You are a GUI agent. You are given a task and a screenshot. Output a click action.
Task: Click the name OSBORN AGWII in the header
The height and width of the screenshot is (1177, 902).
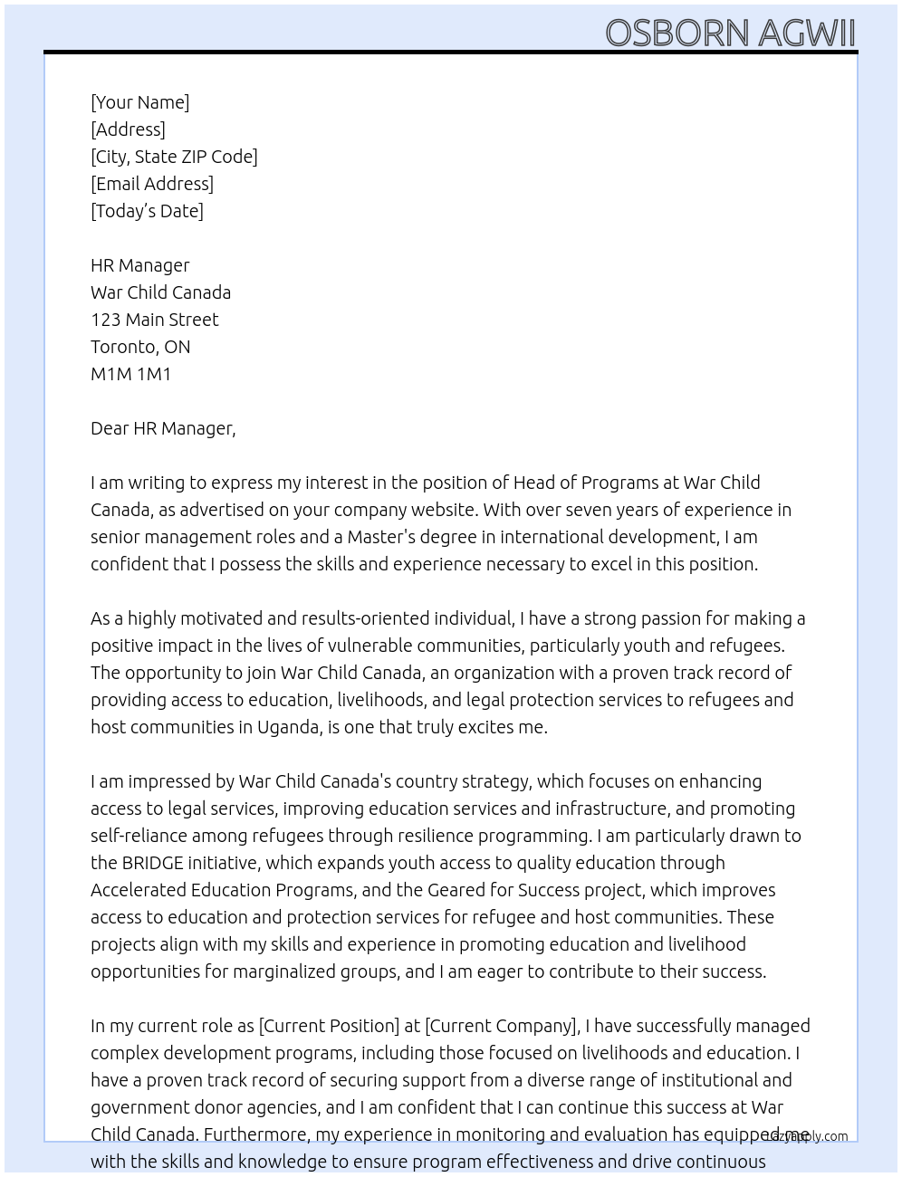[x=729, y=33]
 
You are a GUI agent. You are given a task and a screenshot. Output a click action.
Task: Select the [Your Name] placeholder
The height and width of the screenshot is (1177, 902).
[x=139, y=102]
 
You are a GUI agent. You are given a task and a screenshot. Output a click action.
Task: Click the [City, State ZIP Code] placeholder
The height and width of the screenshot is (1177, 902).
[x=174, y=157]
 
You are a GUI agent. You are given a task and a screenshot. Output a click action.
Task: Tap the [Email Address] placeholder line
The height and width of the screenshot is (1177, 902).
[x=152, y=184]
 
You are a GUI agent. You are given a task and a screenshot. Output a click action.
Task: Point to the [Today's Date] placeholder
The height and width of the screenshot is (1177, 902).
[x=147, y=211]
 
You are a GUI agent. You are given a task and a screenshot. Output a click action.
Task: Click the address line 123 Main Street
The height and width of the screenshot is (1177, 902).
[x=154, y=320]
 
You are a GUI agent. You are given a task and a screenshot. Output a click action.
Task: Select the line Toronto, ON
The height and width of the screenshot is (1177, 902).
[x=140, y=347]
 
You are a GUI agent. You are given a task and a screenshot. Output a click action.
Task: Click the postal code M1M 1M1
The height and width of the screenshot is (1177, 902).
[x=130, y=374]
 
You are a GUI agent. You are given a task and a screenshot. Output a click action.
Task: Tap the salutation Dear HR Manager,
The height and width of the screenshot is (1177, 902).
[x=163, y=428]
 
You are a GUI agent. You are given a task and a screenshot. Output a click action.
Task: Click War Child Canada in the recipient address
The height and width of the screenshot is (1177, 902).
[x=160, y=292]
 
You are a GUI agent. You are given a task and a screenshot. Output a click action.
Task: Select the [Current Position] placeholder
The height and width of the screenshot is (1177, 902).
[x=329, y=1026]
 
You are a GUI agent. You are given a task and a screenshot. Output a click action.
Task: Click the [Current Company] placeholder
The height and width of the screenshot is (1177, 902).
[x=501, y=1026]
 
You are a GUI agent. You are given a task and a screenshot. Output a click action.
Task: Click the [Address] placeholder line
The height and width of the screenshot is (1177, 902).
[x=128, y=129]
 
